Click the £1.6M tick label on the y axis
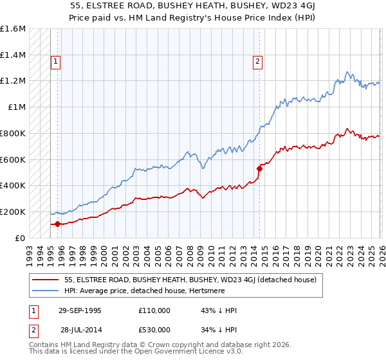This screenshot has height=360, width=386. pos(13,29)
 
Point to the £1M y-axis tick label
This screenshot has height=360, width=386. pos(16,107)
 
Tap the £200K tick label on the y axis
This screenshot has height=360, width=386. pos(13,212)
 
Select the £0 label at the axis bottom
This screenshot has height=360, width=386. pos(21,238)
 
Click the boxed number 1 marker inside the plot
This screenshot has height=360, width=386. pos(56,62)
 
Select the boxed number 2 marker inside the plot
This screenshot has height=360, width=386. pos(257,62)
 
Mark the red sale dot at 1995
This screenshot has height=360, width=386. pos(58,224)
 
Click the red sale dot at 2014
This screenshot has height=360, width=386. pos(259,169)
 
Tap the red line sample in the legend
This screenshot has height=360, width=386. pos(46,280)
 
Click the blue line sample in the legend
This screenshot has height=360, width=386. pos(46,291)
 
